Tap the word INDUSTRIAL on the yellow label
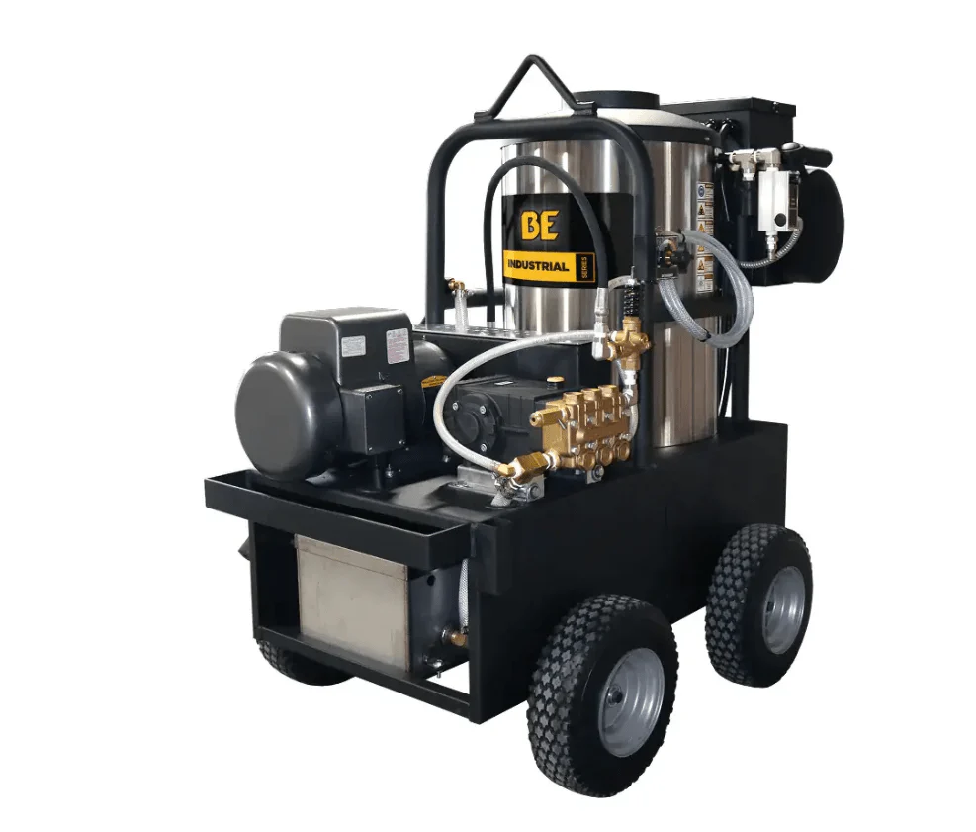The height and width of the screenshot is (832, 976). point(537,265)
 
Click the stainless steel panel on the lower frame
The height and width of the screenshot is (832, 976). point(351,600)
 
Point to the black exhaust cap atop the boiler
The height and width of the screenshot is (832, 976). point(615,101)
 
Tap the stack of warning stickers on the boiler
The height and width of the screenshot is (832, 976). point(704,237)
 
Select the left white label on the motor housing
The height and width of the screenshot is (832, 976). point(353,346)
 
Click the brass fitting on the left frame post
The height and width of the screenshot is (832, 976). point(455,287)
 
